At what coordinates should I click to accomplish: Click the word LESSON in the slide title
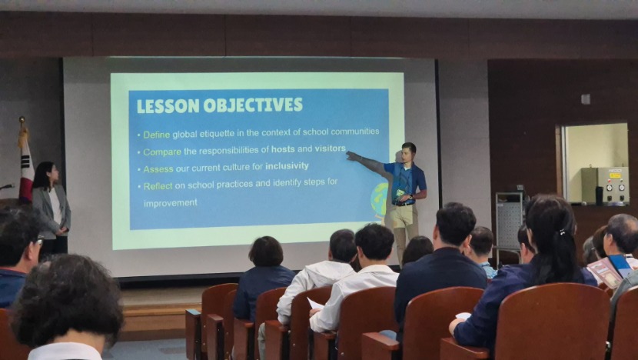coord(168,106)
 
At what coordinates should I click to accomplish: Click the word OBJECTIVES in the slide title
coord(253,105)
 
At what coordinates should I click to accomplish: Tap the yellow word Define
coord(157,135)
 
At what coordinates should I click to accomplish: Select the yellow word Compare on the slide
coord(162,152)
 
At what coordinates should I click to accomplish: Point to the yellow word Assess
coord(158,169)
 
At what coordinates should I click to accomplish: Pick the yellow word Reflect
coord(158,186)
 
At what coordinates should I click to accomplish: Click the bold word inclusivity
coord(287,166)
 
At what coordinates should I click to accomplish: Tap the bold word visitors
coord(330,148)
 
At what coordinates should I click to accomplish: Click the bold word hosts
coord(283,149)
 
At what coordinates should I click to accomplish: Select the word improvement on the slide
coord(171,203)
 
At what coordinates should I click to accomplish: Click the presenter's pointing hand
coord(352,155)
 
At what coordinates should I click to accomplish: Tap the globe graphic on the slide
coord(379,199)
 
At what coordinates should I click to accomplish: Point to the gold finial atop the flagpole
coord(22,120)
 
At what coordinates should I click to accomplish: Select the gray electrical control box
coord(605,185)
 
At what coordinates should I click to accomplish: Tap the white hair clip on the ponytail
coord(563,232)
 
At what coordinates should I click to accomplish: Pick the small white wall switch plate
coord(586,99)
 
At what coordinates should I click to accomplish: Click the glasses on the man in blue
coord(39,241)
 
